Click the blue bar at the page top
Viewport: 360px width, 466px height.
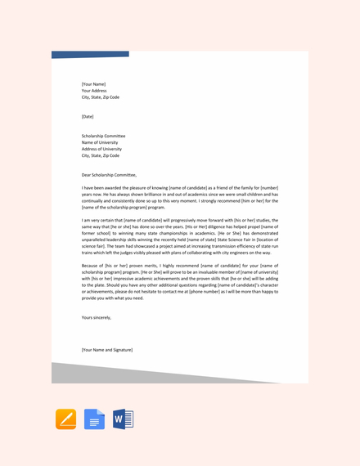click(x=90, y=54)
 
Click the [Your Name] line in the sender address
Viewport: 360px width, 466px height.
click(x=93, y=83)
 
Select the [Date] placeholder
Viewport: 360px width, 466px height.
click(x=88, y=116)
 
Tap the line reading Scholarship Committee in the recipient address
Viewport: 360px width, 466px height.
click(x=103, y=136)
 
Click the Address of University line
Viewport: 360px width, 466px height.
click(x=101, y=149)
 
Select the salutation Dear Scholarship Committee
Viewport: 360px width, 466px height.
click(x=109, y=174)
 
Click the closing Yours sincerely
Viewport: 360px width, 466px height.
click(x=96, y=317)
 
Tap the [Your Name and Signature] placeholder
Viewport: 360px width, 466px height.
click(x=106, y=349)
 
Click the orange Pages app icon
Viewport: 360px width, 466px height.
click(x=65, y=419)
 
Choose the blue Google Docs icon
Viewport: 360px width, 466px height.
click(x=94, y=419)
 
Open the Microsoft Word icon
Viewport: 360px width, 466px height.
click(x=123, y=419)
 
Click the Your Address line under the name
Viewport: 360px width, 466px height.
click(x=94, y=90)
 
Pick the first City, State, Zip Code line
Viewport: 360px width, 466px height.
click(x=100, y=96)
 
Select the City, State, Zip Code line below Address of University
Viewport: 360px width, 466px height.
click(x=100, y=155)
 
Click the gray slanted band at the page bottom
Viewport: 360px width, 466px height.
click(x=164, y=372)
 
